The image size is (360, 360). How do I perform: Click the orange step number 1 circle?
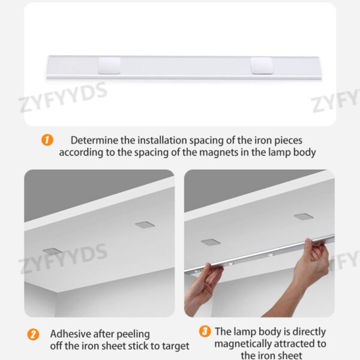point(47,140)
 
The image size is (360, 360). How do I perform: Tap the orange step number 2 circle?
point(34,334)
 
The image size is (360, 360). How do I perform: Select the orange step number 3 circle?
point(205,331)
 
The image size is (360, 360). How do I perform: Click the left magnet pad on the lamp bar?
point(109,65)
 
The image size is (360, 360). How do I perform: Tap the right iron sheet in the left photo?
point(144,224)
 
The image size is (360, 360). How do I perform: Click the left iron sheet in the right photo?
point(211,242)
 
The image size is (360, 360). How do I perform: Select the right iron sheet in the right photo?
point(303,216)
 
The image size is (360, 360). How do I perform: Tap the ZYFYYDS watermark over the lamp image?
point(63,98)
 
